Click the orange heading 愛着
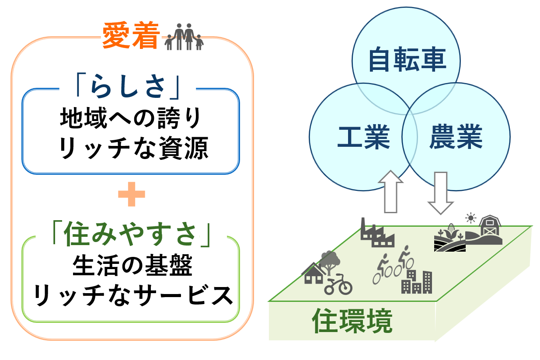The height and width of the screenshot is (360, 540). [131, 35]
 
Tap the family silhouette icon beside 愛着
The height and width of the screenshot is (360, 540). [184, 37]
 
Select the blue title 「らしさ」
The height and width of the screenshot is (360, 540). [128, 87]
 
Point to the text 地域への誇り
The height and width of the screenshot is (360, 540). [131, 118]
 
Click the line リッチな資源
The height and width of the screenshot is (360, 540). [133, 148]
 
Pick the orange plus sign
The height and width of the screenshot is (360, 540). [132, 194]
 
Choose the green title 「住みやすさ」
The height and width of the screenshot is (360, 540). [131, 234]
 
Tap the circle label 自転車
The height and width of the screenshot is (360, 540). [407, 59]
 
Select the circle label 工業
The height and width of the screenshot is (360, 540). [363, 137]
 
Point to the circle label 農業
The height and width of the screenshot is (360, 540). [456, 137]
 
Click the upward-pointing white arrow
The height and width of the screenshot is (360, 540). [390, 192]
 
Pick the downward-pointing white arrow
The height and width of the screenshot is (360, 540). [441, 193]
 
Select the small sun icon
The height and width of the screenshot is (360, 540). [470, 218]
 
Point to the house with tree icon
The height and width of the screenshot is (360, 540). [321, 267]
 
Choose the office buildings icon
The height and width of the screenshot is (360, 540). [417, 282]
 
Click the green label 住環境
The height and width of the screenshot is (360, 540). [352, 321]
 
